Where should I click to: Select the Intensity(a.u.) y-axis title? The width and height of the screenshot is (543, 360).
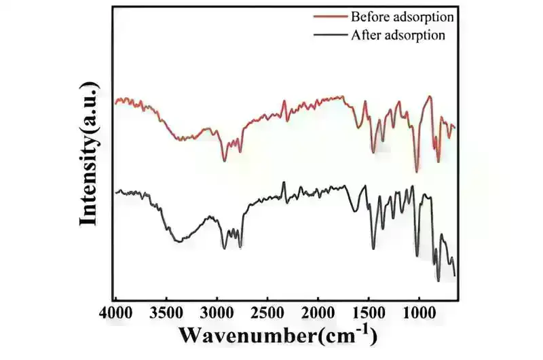coord(90,153)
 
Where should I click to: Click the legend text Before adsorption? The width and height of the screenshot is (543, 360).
coord(401,16)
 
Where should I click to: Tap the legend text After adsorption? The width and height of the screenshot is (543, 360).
coord(398,35)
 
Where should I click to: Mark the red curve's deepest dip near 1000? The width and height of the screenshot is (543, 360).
coord(417,172)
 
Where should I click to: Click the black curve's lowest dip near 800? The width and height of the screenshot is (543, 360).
coord(438,280)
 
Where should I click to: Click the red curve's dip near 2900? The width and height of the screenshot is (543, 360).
coord(225,160)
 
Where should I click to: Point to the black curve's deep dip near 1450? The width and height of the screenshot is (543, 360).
coord(373,249)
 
